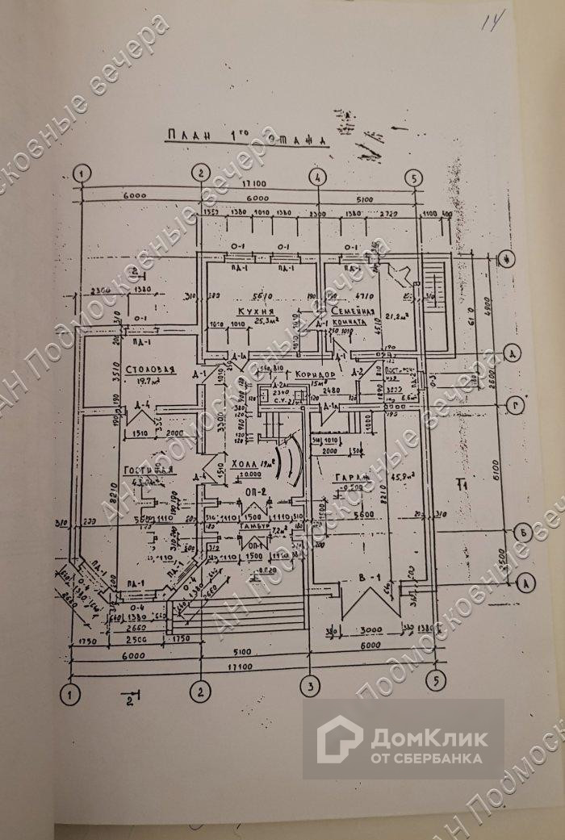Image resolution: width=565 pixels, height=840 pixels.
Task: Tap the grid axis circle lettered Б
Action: click(525, 533)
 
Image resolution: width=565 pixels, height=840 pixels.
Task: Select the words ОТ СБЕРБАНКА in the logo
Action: click(426, 758)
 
